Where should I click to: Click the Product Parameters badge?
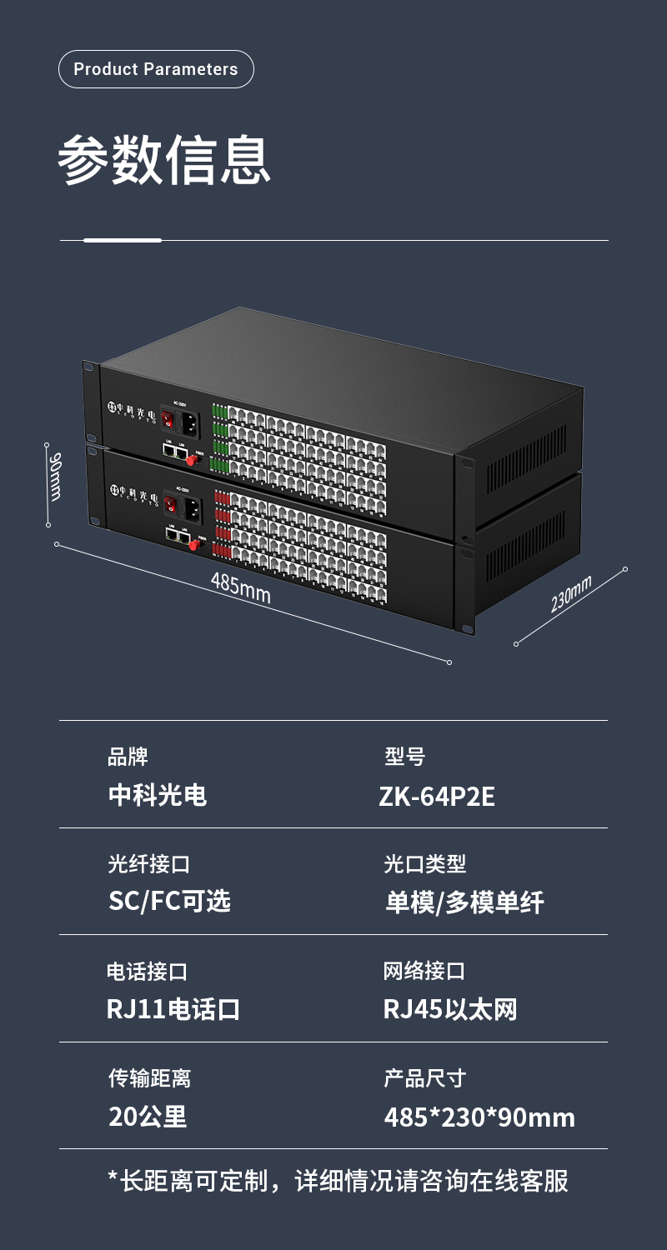pyautogui.click(x=156, y=69)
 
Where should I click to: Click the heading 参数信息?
pyautogui.click(x=164, y=159)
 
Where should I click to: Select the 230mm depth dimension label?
pyautogui.click(x=571, y=593)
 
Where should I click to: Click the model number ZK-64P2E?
pyautogui.click(x=437, y=797)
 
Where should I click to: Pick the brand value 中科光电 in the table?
pyautogui.click(x=158, y=795)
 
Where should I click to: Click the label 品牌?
pyautogui.click(x=128, y=757)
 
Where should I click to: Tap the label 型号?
pyautogui.click(x=405, y=757)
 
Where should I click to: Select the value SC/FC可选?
pyautogui.click(x=169, y=901)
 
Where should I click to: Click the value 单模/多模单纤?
pyautogui.click(x=464, y=902)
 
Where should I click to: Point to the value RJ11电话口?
pyautogui.click(x=173, y=1009)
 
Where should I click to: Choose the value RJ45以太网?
pyautogui.click(x=450, y=1009)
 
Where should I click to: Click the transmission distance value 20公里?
pyautogui.click(x=148, y=1117)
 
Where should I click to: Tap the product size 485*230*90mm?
pyautogui.click(x=479, y=1117)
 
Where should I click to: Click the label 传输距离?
pyautogui.click(x=149, y=1078)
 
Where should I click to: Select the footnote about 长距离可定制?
pyautogui.click(x=338, y=1181)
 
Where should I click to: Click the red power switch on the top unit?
pyautogui.click(x=168, y=418)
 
